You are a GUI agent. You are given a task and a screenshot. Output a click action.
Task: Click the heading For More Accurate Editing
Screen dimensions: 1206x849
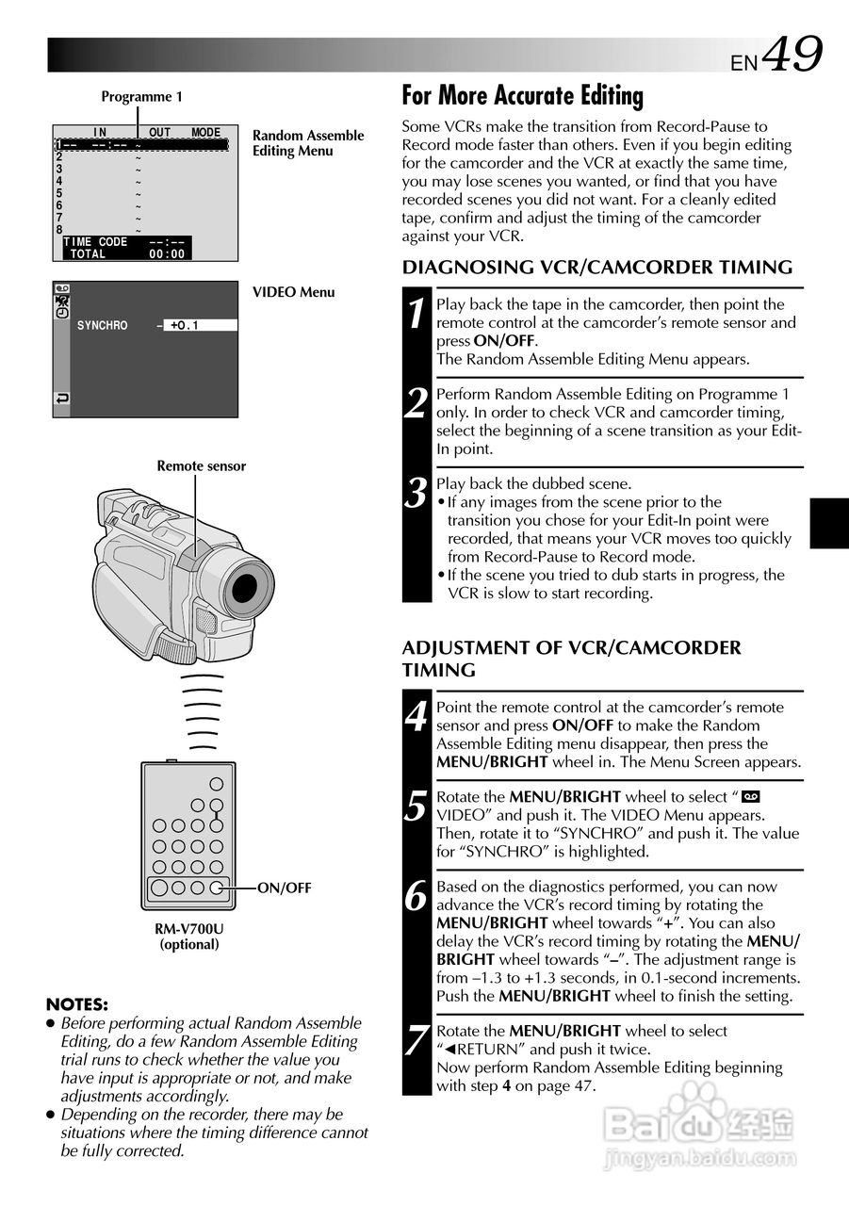coord(522,95)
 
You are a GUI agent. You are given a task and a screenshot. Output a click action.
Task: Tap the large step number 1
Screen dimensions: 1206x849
coord(416,314)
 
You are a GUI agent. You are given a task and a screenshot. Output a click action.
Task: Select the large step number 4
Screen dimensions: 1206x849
coord(416,717)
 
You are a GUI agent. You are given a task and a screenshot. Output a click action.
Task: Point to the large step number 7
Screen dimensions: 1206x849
coord(416,1041)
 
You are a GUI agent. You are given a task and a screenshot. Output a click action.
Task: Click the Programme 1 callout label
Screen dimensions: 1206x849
coord(141,96)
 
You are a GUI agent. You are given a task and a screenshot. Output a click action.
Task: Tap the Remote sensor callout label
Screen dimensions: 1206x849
coord(201,465)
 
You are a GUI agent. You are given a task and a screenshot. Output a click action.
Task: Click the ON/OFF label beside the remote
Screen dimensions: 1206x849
coord(284,888)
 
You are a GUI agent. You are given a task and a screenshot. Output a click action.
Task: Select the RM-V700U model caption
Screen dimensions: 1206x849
coord(189,928)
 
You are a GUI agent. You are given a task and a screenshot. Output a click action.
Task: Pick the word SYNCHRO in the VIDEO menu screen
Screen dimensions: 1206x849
coord(103,326)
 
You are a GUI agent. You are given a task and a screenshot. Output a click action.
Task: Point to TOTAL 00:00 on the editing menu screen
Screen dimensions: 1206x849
coord(126,254)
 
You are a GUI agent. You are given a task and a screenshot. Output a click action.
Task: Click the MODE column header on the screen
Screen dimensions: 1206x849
coord(205,133)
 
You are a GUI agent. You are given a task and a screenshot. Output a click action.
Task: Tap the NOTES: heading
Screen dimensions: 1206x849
coord(76,1004)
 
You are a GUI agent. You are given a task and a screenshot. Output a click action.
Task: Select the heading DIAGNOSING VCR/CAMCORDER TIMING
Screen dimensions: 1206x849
coord(597,268)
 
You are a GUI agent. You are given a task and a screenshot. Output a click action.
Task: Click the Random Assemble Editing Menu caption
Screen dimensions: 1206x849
coord(307,143)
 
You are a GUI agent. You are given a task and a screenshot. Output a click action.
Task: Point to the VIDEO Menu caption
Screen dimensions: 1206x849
coord(293,292)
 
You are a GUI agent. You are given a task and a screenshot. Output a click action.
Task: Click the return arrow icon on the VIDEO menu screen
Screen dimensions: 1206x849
coord(62,399)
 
